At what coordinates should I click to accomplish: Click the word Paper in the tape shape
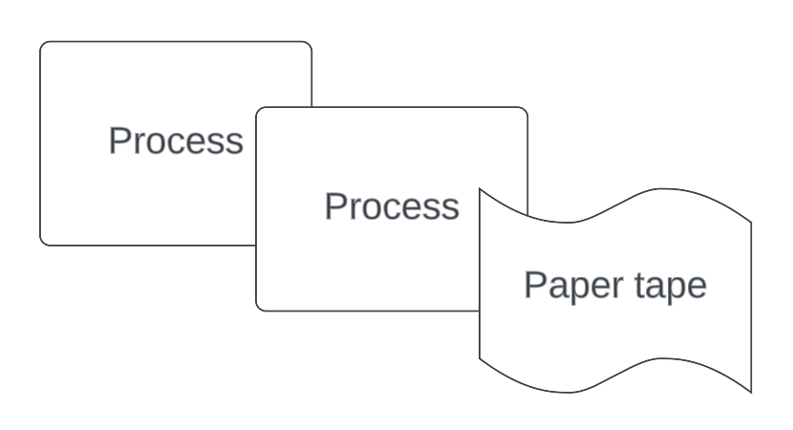tap(567, 285)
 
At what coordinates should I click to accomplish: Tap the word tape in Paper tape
tap(671, 285)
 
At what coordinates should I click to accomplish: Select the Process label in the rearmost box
tap(176, 140)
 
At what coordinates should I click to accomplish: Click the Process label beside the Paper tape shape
tap(392, 206)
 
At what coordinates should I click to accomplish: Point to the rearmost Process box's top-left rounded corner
tap(43, 45)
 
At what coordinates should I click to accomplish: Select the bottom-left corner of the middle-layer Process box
tap(259, 308)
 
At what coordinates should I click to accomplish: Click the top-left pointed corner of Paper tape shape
tap(480, 190)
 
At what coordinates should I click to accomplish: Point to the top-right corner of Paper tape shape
tap(751, 223)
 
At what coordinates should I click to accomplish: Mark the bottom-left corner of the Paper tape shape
tap(480, 359)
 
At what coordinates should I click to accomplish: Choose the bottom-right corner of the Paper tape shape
tap(751, 392)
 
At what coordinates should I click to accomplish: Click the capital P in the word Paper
tap(533, 285)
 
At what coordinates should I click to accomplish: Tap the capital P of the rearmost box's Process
tap(118, 140)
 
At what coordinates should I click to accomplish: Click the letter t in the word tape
tap(640, 285)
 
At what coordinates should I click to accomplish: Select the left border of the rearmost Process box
tap(40, 143)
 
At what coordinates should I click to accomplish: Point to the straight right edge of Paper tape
tap(751, 306)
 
